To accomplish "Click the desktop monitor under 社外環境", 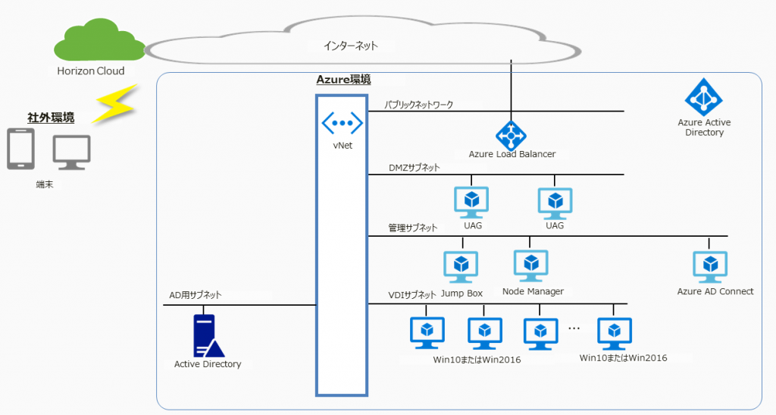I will (x=71, y=151).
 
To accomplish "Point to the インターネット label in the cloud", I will (x=349, y=46).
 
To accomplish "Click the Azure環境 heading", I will (x=343, y=80).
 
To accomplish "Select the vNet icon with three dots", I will (x=342, y=122).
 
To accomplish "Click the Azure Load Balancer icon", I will (x=512, y=134).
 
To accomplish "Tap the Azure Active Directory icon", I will (x=704, y=97).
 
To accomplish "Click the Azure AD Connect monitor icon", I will (x=711, y=266).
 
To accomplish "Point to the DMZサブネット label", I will (x=415, y=167).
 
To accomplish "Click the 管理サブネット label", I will (x=413, y=228).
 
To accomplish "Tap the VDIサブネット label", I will (x=412, y=295).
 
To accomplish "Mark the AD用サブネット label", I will (x=196, y=295).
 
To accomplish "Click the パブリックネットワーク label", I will (x=418, y=105).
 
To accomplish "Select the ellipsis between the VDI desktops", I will (x=574, y=328).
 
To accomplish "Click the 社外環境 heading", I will (x=51, y=117).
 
